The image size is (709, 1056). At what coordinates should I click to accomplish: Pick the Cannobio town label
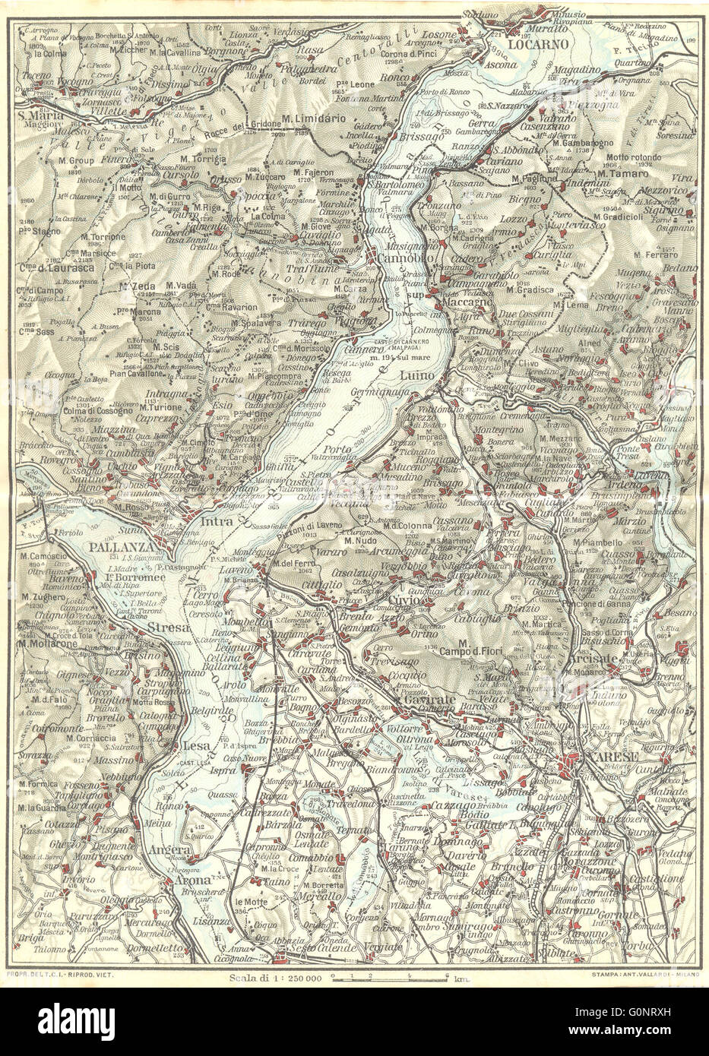pyautogui.click(x=399, y=260)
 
